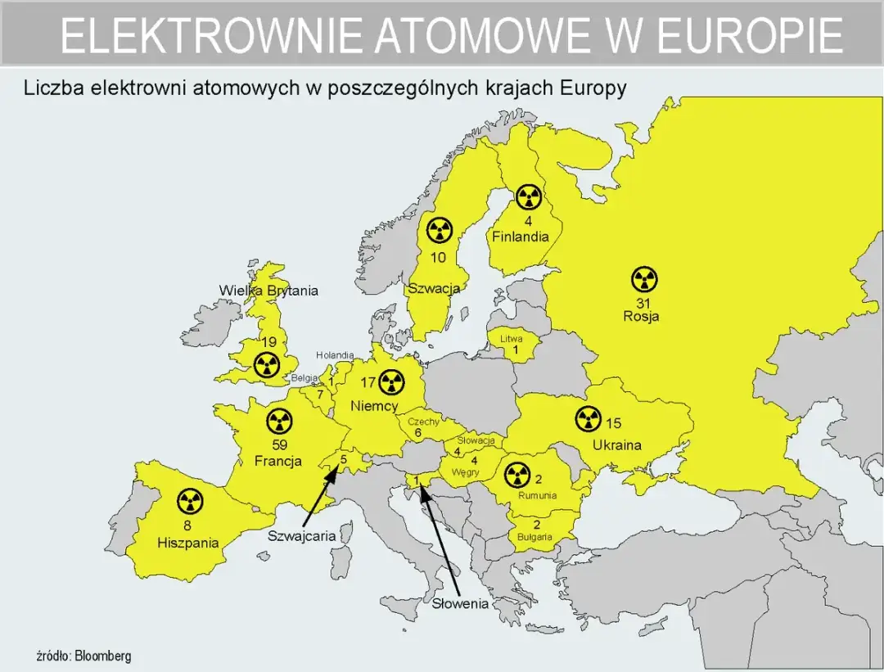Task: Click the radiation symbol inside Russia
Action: [644, 280]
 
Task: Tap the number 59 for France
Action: [278, 446]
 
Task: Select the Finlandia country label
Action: [520, 237]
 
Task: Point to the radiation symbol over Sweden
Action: [440, 231]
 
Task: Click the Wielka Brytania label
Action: [268, 291]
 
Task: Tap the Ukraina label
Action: [612, 445]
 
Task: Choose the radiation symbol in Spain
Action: [189, 501]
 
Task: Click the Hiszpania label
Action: [188, 542]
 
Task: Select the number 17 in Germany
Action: [368, 382]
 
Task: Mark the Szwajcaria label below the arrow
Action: [302, 536]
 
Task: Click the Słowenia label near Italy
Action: [461, 604]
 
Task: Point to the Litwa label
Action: [512, 338]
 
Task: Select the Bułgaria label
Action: [534, 537]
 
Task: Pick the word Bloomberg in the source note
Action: [103, 656]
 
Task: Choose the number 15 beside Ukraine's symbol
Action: [613, 423]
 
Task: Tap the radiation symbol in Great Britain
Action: [266, 366]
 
